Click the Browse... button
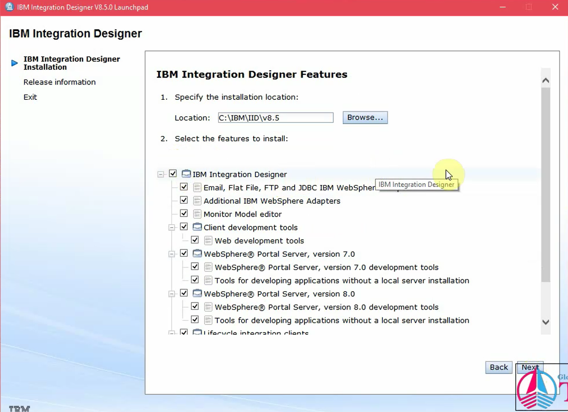point(365,117)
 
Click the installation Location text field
point(275,118)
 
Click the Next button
point(530,367)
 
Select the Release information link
point(60,82)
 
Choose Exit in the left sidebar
point(30,97)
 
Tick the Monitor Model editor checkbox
point(184,214)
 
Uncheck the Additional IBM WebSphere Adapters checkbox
point(184,200)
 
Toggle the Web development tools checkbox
point(195,240)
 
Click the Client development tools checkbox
point(184,227)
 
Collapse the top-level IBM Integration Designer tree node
point(161,174)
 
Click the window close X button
point(555,7)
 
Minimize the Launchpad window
point(503,7)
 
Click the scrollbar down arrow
point(545,322)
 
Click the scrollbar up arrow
point(545,81)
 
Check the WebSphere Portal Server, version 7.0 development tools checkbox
point(195,267)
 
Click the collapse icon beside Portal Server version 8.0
point(172,294)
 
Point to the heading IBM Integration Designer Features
point(252,74)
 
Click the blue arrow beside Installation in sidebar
point(14,63)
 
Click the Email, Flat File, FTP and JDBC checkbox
point(184,187)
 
